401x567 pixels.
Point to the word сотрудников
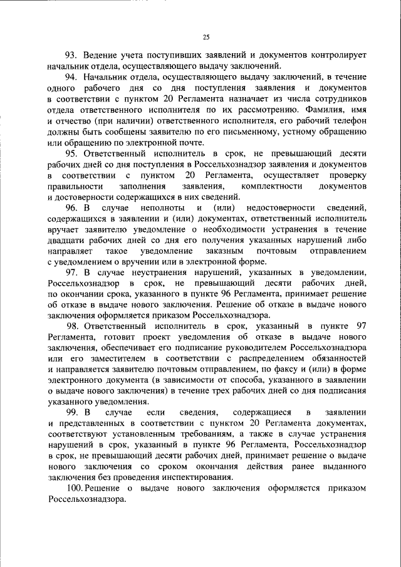(338, 98)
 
